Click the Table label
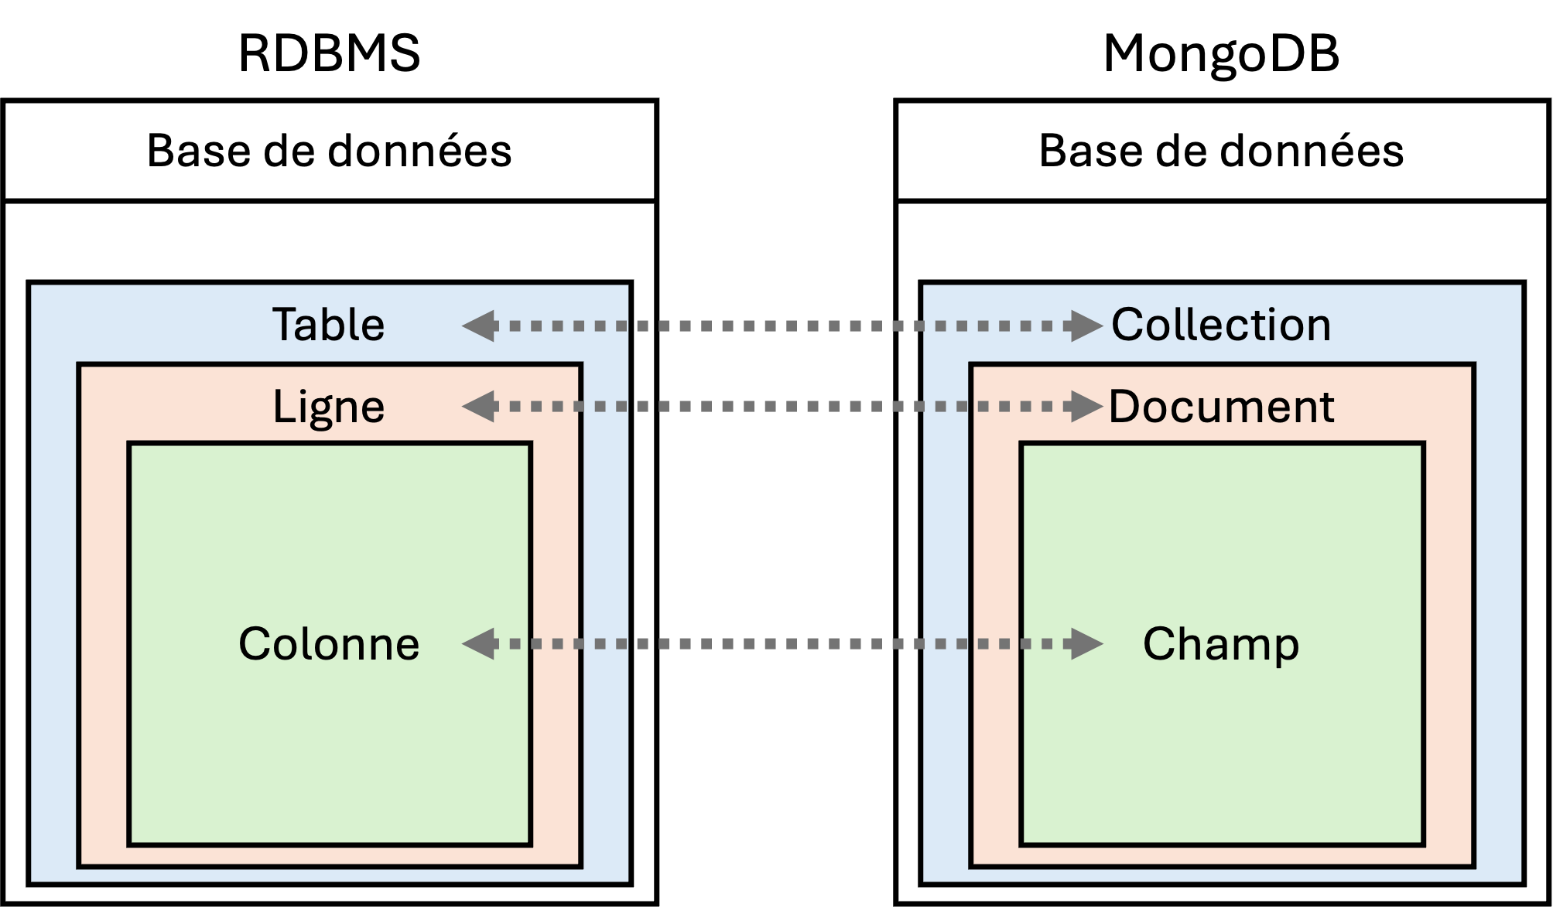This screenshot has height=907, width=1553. [x=328, y=325]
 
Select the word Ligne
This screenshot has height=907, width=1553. [x=328, y=407]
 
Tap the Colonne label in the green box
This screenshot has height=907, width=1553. [x=329, y=643]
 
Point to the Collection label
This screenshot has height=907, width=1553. [x=1221, y=325]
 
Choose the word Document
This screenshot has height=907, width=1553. [x=1221, y=407]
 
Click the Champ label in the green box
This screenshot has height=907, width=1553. [x=1221, y=643]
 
